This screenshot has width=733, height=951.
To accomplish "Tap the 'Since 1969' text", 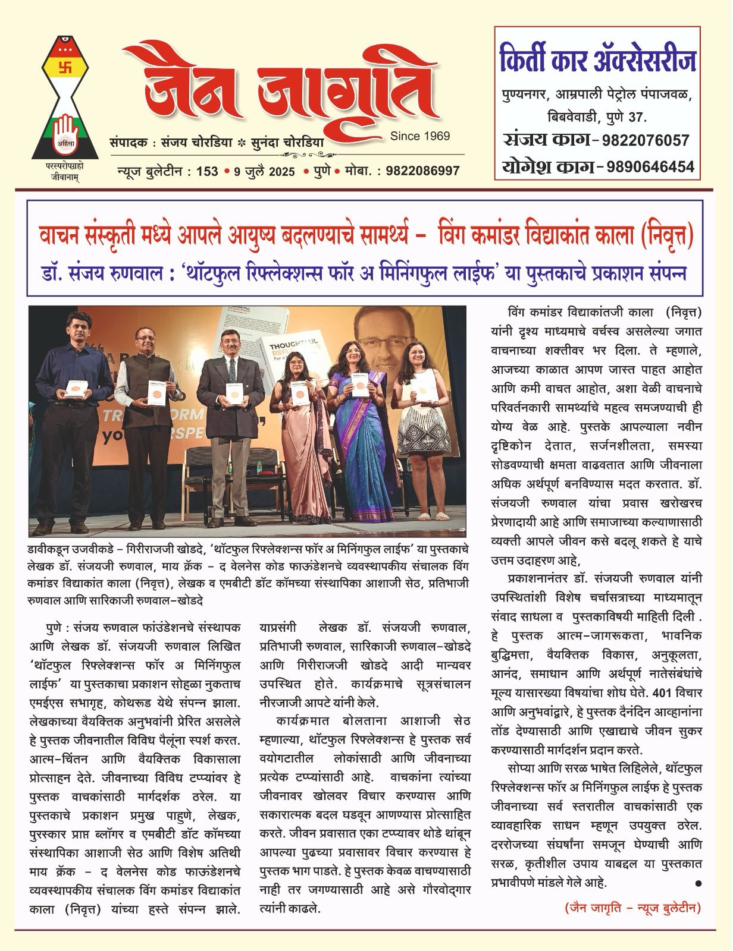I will [x=420, y=136].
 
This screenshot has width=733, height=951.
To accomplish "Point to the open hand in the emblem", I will [x=64, y=129].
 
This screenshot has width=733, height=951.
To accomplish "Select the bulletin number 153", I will [x=207, y=171].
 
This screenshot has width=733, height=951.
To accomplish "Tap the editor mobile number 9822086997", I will [x=414, y=171].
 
